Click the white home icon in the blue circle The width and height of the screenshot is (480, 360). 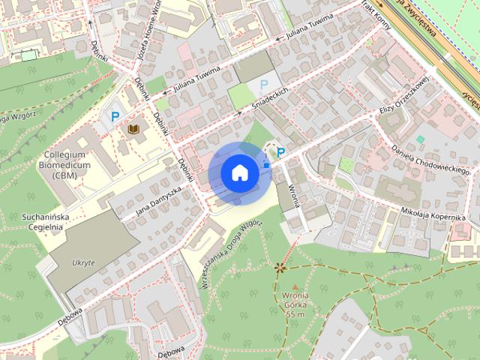pyautogui.click(x=239, y=172)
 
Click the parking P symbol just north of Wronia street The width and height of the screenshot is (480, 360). pyautogui.click(x=280, y=153)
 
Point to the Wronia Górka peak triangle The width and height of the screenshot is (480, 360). pyautogui.click(x=295, y=287)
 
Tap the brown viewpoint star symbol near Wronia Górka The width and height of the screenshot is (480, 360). pyautogui.click(x=280, y=266)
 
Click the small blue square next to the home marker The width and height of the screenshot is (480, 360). pyautogui.click(x=266, y=164)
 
